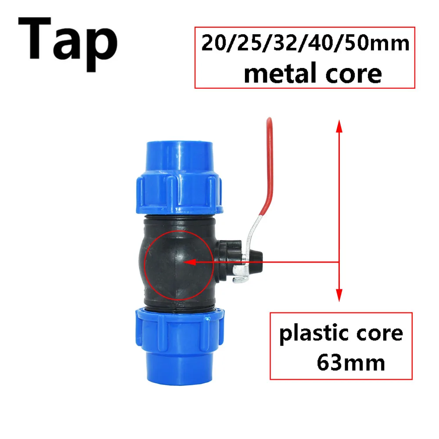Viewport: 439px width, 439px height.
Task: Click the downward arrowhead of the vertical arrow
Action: [x=338, y=297]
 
